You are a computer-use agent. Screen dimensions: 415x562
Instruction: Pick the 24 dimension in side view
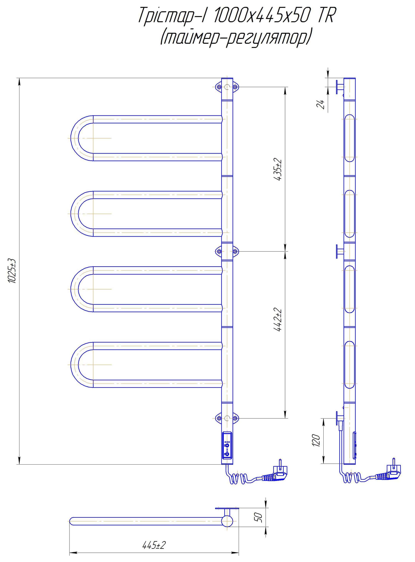[x=321, y=104]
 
